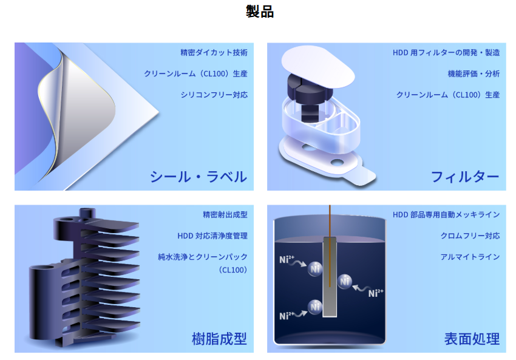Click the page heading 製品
click(x=260, y=12)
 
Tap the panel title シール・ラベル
click(x=199, y=177)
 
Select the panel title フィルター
click(x=465, y=177)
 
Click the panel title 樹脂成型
click(x=219, y=339)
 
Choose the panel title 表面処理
click(x=472, y=339)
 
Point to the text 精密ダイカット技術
click(x=214, y=53)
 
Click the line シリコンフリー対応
click(x=214, y=95)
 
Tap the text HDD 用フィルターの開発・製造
click(x=446, y=53)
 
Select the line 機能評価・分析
click(x=474, y=73)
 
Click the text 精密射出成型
click(x=225, y=215)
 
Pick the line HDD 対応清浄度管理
click(x=212, y=236)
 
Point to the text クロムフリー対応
click(x=470, y=236)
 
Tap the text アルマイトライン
click(x=470, y=257)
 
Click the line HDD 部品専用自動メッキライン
click(x=446, y=215)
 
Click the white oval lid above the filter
click(x=318, y=67)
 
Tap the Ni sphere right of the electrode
click(x=345, y=282)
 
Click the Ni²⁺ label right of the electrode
click(x=376, y=293)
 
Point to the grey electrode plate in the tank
click(x=330, y=277)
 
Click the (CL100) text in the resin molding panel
click(x=233, y=270)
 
